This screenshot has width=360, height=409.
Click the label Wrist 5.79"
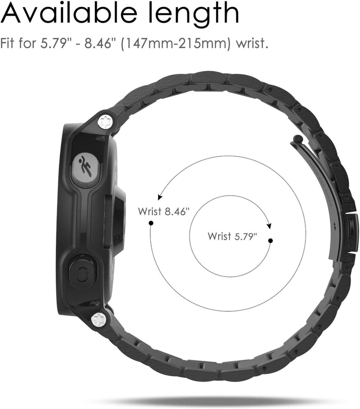tap(233, 236)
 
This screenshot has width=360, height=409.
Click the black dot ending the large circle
tap(151, 223)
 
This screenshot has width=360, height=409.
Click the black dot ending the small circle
tap(270, 241)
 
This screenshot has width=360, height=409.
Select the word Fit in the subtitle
tap(9, 45)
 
